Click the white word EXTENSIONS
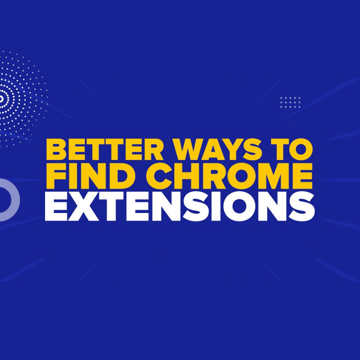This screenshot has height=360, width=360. coord(179,207)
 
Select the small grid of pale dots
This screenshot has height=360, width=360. coord(290,102)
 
